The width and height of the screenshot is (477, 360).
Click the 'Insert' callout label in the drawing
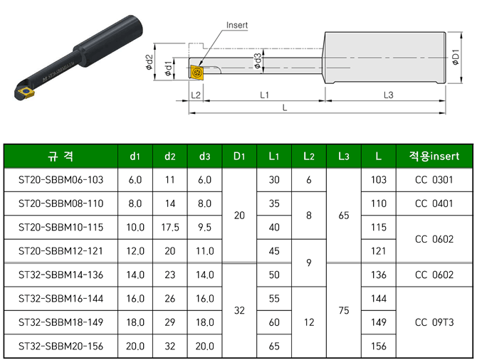coord(236,25)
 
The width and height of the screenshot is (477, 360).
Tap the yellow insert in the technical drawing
coord(196,72)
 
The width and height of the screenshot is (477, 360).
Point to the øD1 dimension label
coord(456,60)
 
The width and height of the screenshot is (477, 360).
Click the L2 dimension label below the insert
coord(196,95)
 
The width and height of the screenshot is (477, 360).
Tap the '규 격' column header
coord(61,156)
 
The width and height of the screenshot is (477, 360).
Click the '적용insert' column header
coord(434,156)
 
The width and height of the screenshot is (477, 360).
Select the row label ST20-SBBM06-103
coord(61,180)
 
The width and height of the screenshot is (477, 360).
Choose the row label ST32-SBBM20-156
coord(61,346)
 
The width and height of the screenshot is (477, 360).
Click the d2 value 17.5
coord(170,228)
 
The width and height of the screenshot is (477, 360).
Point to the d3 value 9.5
coord(205,228)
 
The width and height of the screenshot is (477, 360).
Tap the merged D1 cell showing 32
coord(239,310)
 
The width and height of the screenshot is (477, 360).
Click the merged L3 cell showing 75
coord(344,310)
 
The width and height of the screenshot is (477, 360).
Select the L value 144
coord(379,299)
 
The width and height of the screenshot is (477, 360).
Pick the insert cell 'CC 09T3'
coord(434,322)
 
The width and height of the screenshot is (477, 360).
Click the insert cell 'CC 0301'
coord(434,180)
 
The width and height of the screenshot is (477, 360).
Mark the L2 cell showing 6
coord(309,180)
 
